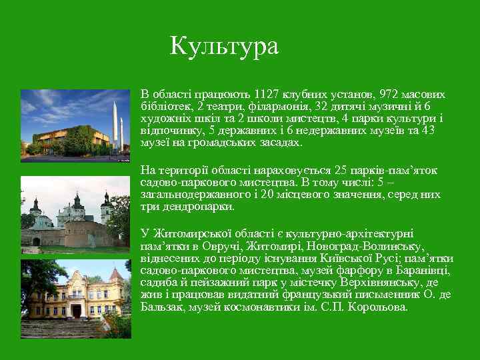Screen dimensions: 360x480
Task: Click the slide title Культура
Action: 224,46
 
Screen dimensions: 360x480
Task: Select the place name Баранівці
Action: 423,271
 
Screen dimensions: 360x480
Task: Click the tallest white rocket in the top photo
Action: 115,123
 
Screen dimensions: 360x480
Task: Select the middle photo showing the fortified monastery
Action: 75,215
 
